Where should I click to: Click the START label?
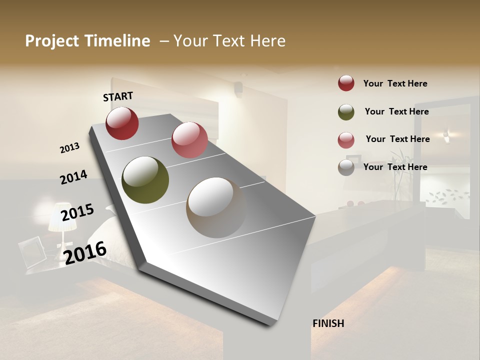118,96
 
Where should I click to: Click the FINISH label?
328,323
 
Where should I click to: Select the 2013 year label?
69,148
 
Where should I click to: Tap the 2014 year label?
73,177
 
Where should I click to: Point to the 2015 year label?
77,212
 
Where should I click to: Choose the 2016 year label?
85,252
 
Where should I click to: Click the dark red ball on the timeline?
122,123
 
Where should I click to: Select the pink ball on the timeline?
189,140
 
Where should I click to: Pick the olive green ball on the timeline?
145,180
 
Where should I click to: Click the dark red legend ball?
346,83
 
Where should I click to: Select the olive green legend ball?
346,112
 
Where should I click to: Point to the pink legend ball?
346,140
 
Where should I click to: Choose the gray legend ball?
346,167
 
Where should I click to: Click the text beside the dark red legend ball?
395,83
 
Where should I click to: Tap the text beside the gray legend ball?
395,167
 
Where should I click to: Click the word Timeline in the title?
118,41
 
